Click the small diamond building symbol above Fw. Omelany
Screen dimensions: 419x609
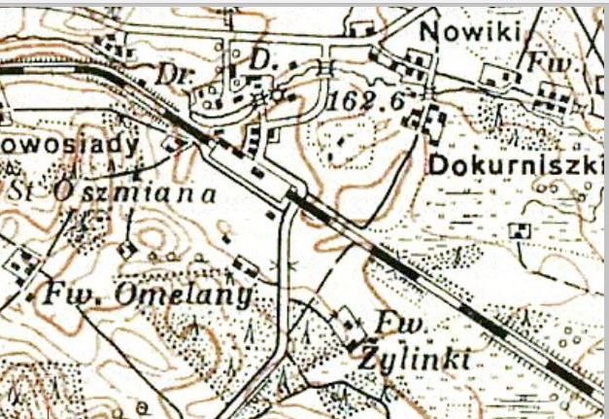pyautogui.click(x=124, y=250)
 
